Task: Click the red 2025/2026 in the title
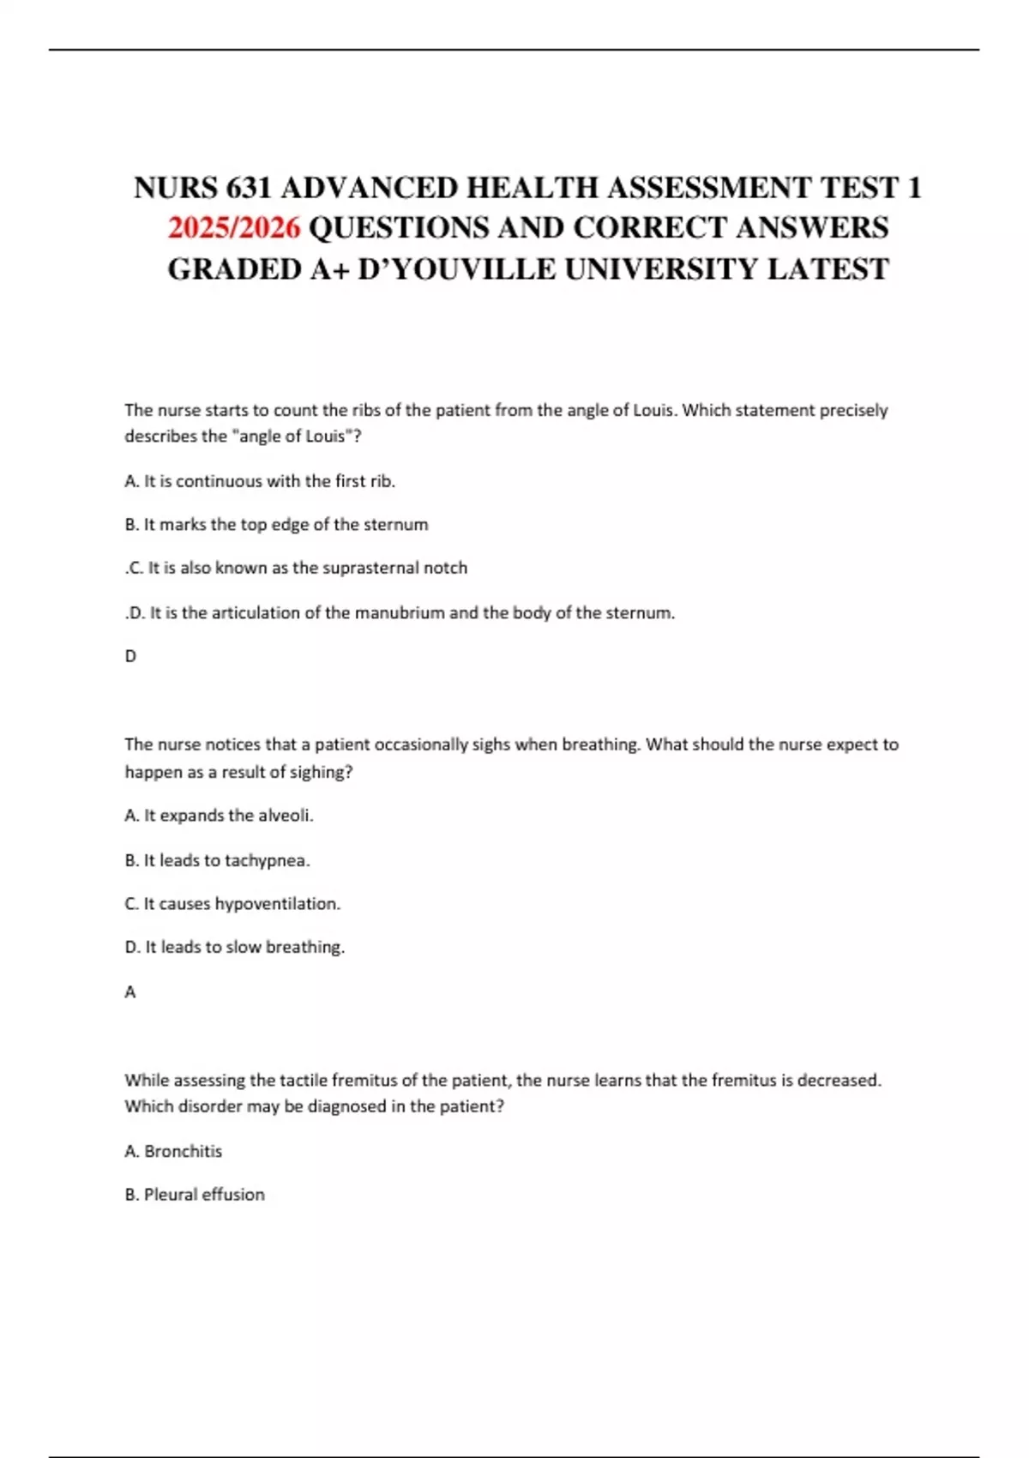click(x=234, y=228)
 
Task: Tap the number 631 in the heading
click(x=249, y=188)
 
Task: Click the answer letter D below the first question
click(x=130, y=656)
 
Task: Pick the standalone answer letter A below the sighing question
click(x=130, y=992)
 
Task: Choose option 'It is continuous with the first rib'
click(x=260, y=481)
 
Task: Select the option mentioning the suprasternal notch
click(x=297, y=568)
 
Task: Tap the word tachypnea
click(x=266, y=860)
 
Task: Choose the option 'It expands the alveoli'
click(x=219, y=816)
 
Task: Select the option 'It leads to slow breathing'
click(x=235, y=948)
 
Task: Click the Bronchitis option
click(x=173, y=1151)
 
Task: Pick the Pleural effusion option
click(x=195, y=1195)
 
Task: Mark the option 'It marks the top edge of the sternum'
click(x=276, y=525)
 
